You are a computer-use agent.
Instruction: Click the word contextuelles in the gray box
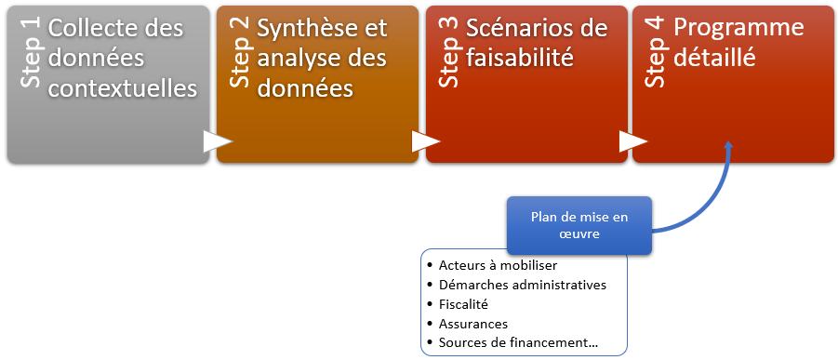[x=123, y=88]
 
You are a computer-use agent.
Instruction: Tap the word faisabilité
[x=520, y=58]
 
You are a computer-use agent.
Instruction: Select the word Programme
[x=738, y=29]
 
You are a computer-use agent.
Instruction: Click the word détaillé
[x=714, y=58]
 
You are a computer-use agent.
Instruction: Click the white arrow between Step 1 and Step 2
[x=219, y=141]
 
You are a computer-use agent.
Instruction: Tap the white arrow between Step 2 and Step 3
[x=426, y=141]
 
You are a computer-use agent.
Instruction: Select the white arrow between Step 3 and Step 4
[x=633, y=141]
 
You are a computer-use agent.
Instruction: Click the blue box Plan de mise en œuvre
[x=579, y=225]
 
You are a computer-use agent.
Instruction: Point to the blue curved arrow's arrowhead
[x=728, y=146]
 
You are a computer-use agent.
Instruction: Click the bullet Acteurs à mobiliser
[x=499, y=265]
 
